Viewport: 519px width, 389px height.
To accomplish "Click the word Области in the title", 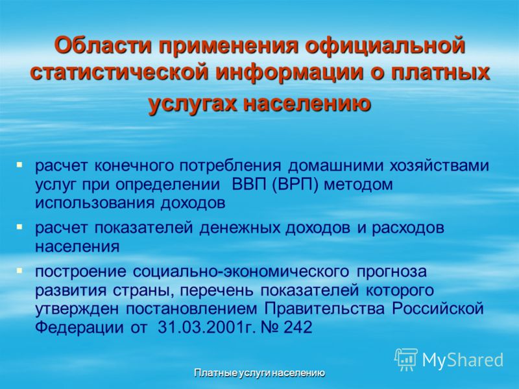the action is coord(104,45).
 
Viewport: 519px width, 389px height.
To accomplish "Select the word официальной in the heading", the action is coord(385,46).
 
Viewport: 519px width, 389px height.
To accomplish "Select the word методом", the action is coord(358,185).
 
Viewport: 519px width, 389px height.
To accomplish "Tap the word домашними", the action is coord(335,166).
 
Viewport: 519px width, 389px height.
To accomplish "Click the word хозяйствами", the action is coord(439,165).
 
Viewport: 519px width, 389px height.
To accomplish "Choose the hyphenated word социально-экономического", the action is coord(241,272).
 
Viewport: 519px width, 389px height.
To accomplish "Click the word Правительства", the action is coord(324,309).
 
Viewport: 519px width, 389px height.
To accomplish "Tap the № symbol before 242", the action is coord(270,327).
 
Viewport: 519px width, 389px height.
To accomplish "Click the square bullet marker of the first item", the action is coord(19,165).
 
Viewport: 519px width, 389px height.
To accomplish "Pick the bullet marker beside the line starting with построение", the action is coord(19,271).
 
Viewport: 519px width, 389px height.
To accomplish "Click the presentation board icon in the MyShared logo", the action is coord(406,359).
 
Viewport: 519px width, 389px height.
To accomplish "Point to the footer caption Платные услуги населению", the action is coord(259,373).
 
